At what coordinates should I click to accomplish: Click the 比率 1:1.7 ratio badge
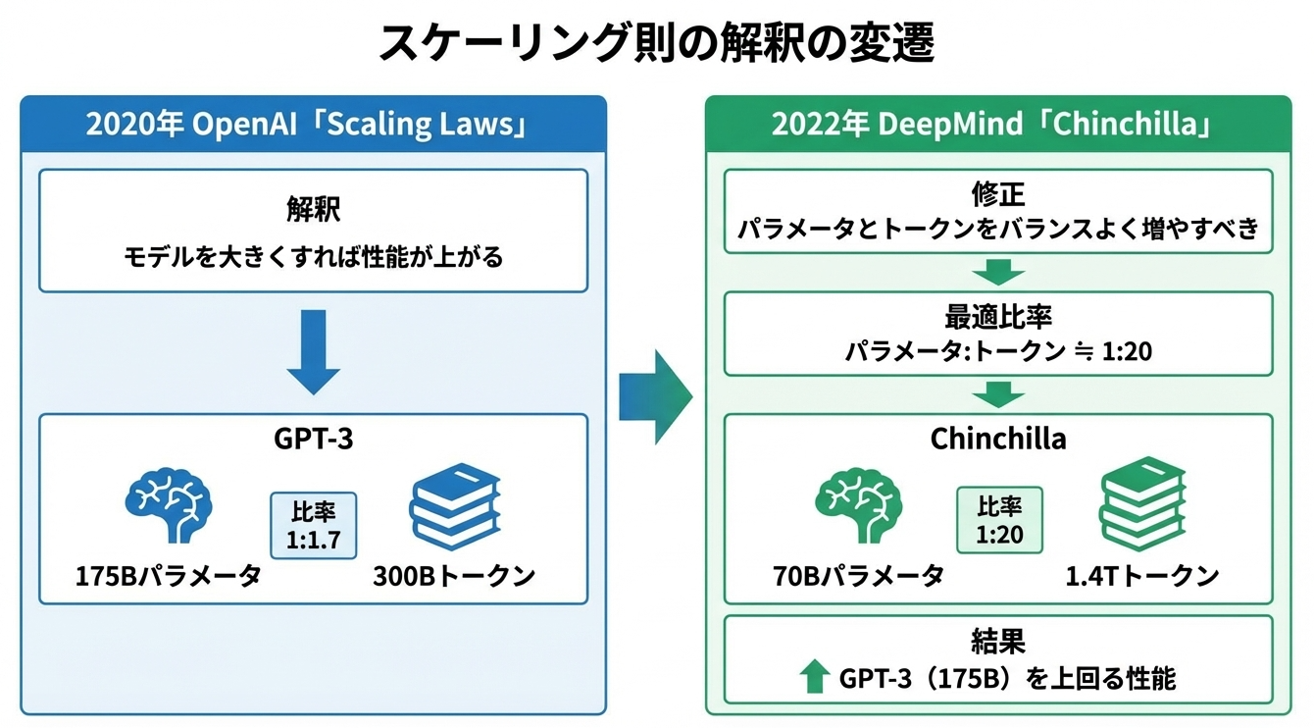click(313, 525)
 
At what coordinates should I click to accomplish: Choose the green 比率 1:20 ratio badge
click(999, 520)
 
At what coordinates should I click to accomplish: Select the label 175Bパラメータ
click(169, 575)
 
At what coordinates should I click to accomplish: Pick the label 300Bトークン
click(454, 575)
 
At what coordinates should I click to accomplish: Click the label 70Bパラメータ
click(858, 575)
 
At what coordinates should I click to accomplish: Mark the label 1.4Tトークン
click(1142, 575)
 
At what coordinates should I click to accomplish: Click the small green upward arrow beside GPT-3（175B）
click(813, 678)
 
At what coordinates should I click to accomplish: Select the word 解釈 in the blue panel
click(313, 210)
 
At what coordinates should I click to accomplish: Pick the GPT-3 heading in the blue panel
click(313, 438)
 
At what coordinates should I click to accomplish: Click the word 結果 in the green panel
click(998, 642)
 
